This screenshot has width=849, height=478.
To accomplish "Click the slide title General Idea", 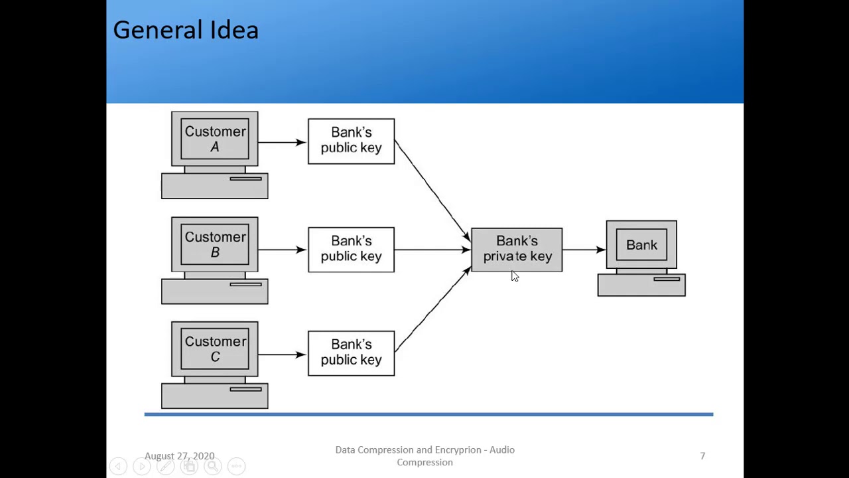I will click(186, 31).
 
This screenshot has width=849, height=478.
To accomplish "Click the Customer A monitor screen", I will click(215, 139).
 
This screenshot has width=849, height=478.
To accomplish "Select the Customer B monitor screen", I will click(215, 245).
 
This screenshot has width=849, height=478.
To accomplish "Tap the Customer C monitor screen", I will click(215, 349).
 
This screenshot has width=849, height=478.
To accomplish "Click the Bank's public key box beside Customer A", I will click(351, 141).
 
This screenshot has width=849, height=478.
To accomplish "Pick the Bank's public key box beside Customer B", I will click(351, 249).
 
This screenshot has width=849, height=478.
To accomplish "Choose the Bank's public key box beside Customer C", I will click(351, 353).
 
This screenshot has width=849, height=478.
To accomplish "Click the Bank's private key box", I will click(517, 249).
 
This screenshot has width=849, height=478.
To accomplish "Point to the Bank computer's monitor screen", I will click(641, 245).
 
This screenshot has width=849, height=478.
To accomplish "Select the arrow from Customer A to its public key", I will click(283, 142).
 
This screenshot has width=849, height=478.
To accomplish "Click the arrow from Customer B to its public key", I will click(283, 250).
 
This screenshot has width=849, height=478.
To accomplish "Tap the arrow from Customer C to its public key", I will click(283, 355).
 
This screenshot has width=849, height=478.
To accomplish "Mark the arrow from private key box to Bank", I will click(584, 250).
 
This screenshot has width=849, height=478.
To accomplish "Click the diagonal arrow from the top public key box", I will click(432, 191).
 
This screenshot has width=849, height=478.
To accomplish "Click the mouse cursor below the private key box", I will click(515, 276).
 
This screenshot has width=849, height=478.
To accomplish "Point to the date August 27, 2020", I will click(179, 456).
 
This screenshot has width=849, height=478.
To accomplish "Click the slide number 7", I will click(702, 456).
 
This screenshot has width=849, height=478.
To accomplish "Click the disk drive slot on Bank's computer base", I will click(667, 279).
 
